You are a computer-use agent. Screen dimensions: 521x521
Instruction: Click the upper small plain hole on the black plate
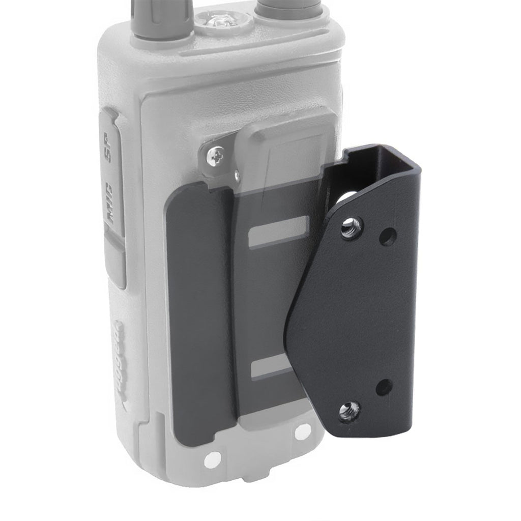[x=388, y=237]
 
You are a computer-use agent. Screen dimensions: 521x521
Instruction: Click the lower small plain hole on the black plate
[x=384, y=388]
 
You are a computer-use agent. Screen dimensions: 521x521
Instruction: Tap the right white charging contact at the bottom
[x=304, y=431]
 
